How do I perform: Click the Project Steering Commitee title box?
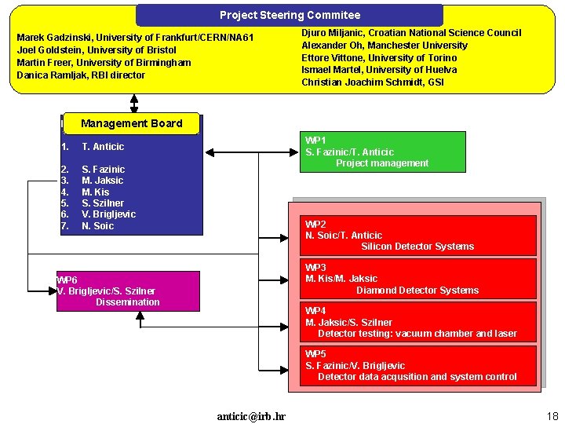(290, 15)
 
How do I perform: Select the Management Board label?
(131, 123)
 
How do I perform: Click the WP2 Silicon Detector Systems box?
(419, 236)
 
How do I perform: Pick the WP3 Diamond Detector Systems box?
(419, 279)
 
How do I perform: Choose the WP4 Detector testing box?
(419, 322)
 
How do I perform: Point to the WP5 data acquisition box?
(419, 366)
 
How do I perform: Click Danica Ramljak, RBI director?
(81, 75)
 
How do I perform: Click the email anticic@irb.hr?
(251, 416)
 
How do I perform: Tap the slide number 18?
(552, 415)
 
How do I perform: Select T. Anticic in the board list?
(103, 147)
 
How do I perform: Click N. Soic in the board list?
(97, 226)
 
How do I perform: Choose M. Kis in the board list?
(96, 192)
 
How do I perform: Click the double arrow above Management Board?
(134, 104)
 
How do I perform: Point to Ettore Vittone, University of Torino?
(379, 57)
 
